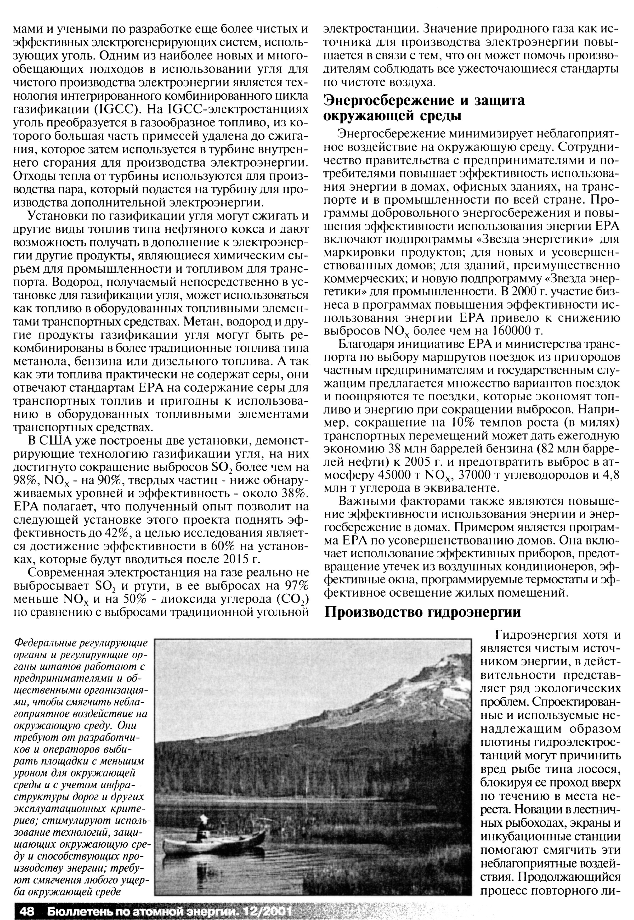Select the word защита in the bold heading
(496, 100)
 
